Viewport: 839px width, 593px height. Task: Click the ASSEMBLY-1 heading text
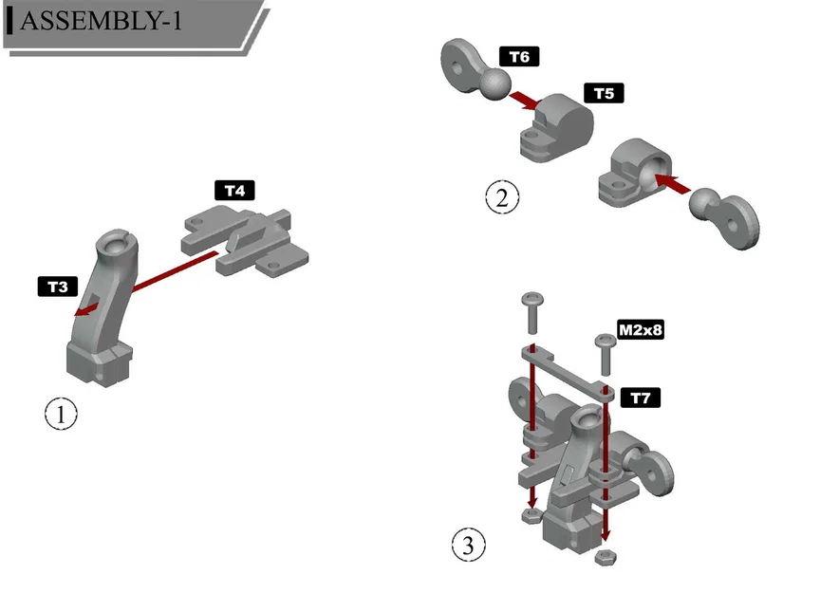click(100, 22)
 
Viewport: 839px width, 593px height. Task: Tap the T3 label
click(58, 286)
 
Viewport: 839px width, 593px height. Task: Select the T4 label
click(234, 190)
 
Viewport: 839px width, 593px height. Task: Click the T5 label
click(604, 93)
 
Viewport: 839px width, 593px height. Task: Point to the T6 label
click(518, 57)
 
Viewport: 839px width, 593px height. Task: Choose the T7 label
click(641, 398)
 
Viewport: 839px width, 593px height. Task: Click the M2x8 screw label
click(640, 330)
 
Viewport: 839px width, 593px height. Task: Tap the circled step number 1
click(61, 415)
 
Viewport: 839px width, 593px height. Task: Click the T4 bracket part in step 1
click(252, 237)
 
